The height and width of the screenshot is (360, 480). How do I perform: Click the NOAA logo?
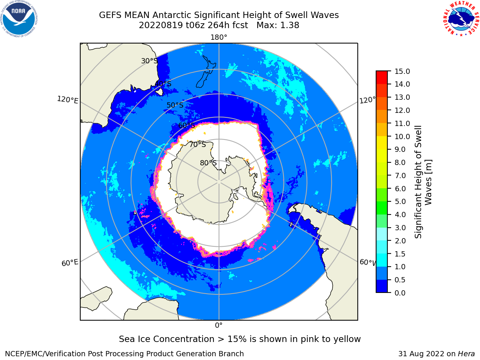19,19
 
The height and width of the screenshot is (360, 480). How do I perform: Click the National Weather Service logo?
461,19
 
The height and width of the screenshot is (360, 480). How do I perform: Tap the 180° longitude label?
219,37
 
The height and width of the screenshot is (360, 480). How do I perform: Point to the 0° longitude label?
219,325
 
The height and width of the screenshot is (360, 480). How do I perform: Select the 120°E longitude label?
67,100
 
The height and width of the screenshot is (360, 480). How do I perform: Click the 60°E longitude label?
70,263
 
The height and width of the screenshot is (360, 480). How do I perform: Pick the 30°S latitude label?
149,61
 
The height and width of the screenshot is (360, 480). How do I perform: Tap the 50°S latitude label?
175,105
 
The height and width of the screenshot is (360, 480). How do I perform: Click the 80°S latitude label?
208,163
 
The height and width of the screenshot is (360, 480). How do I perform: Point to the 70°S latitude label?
198,144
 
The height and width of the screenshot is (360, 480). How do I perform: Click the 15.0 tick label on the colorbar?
402,71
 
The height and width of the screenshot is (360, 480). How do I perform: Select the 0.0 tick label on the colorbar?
400,293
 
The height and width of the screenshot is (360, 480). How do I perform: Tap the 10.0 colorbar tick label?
402,136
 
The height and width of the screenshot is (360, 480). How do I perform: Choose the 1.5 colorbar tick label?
400,254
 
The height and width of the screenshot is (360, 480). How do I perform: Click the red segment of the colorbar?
382,78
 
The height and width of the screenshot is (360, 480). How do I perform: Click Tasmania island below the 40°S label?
159,91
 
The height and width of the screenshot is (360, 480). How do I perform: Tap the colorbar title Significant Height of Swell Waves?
423,182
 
